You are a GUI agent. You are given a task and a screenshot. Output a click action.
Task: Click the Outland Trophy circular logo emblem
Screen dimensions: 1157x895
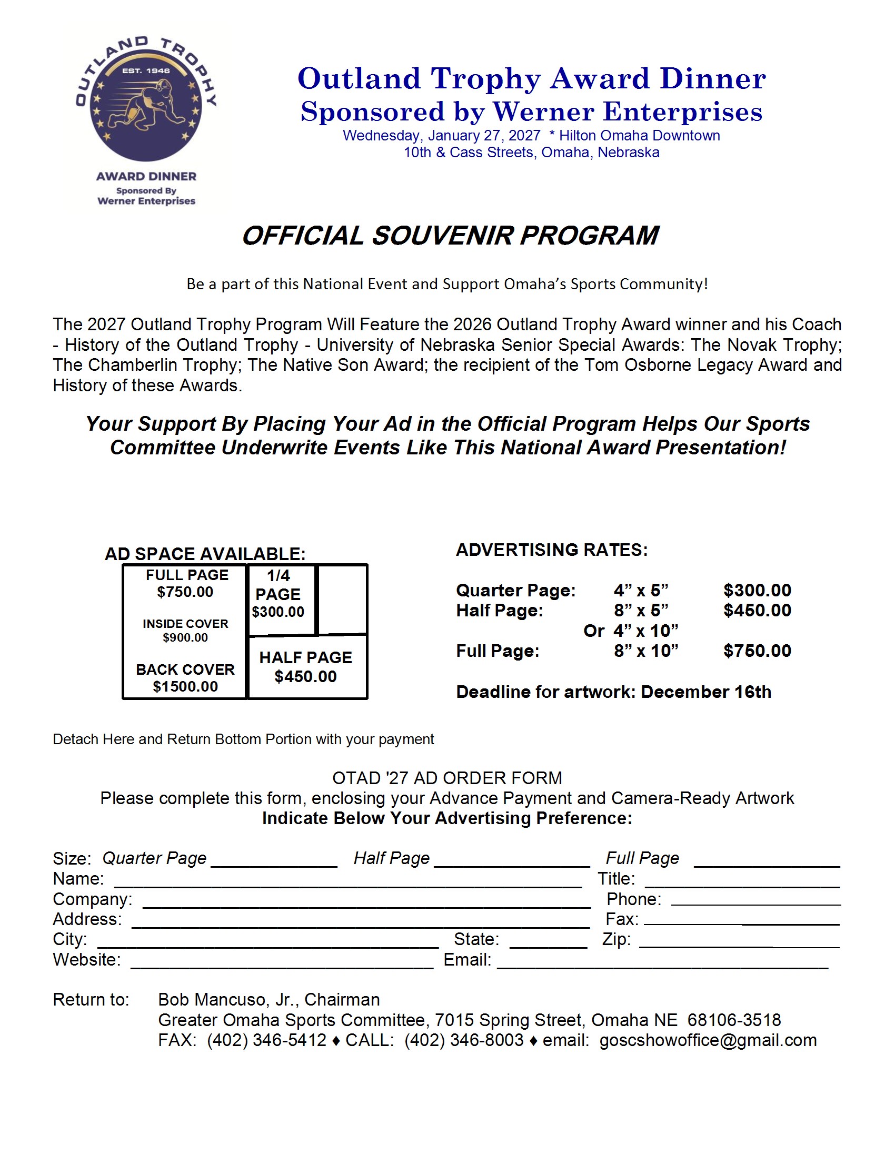[x=146, y=100]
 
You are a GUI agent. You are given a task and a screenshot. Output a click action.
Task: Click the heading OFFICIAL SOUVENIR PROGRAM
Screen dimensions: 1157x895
[x=450, y=236]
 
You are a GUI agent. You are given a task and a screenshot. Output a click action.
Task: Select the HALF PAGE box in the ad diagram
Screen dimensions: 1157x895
[x=307, y=667]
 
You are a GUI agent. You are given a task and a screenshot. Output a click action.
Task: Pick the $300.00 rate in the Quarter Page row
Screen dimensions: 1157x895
[x=757, y=590]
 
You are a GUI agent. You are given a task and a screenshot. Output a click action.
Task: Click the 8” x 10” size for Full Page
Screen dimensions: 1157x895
[x=646, y=651]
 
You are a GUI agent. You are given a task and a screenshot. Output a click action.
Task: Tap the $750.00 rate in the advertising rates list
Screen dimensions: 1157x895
[x=757, y=651]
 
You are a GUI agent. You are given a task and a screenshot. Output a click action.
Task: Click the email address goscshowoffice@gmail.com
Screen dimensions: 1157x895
[x=708, y=1041]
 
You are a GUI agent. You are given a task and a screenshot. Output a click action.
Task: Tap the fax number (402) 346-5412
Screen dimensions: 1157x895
[x=266, y=1041]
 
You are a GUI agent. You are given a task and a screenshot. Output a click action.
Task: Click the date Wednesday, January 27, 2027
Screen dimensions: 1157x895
[x=441, y=136]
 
